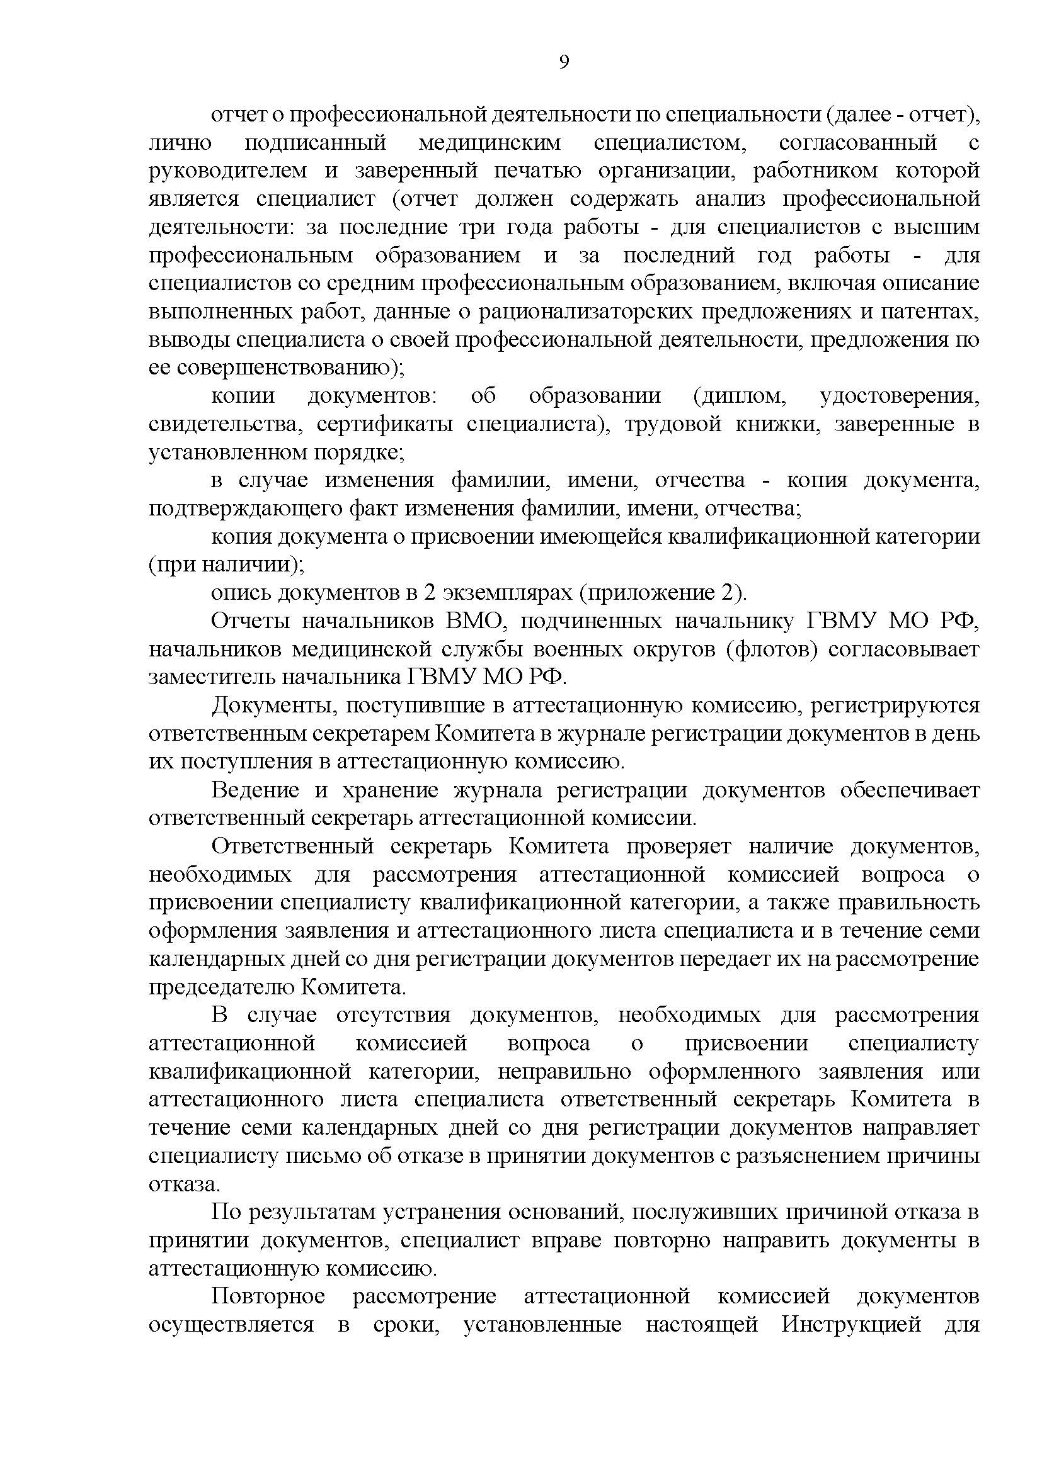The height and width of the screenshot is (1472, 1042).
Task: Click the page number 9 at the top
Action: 564,62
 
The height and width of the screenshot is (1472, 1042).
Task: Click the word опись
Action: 239,592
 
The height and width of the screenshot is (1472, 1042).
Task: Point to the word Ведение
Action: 255,790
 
